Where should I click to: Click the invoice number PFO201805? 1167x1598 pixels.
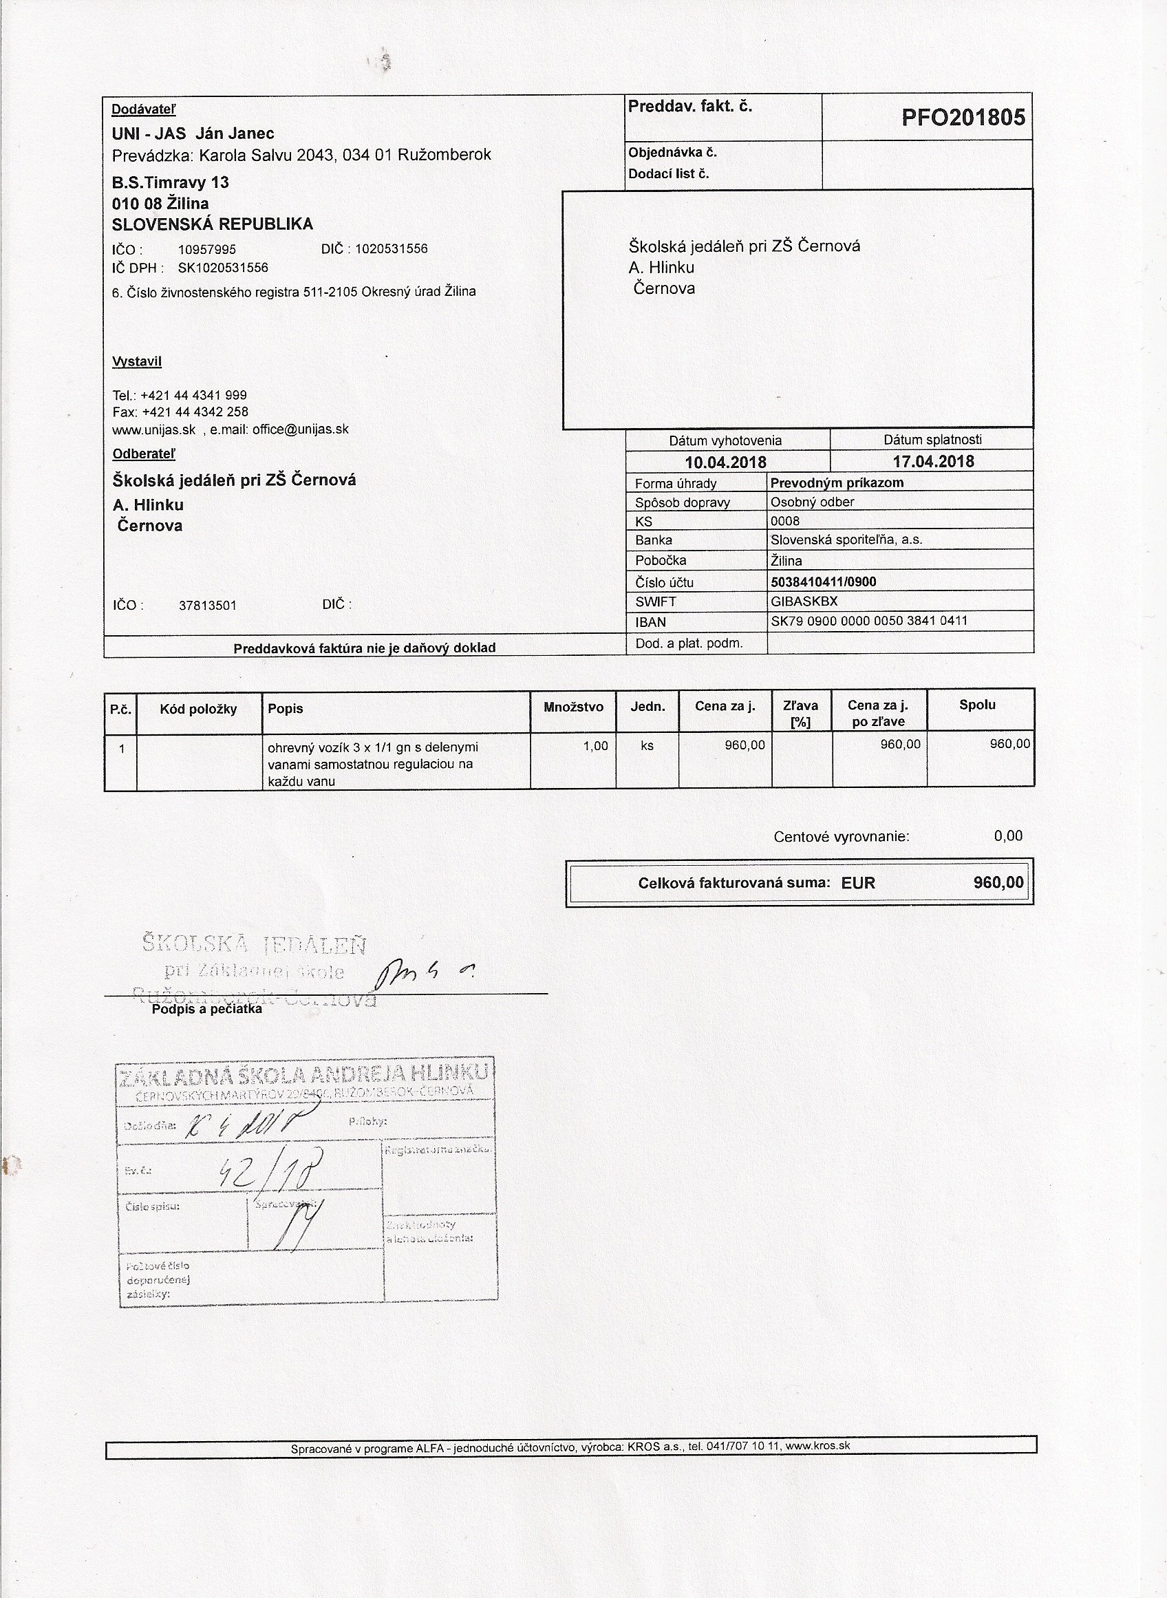[963, 117]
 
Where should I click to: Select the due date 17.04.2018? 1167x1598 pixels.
[932, 461]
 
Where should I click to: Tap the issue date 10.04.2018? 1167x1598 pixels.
[725, 462]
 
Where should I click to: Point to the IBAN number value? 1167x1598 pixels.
[869, 621]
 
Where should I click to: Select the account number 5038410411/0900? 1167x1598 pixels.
[823, 582]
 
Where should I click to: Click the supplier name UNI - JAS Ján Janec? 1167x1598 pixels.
[193, 134]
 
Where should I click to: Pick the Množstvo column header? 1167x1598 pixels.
[573, 707]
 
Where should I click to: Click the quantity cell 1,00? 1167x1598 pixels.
[595, 745]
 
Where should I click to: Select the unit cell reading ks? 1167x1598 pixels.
[646, 745]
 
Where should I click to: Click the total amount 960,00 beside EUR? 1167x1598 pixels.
[998, 882]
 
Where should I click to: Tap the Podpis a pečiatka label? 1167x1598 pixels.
[206, 1010]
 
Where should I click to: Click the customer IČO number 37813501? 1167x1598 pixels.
[208, 606]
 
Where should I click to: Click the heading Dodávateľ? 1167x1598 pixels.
[143, 109]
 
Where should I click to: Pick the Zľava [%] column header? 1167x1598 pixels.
[800, 713]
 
